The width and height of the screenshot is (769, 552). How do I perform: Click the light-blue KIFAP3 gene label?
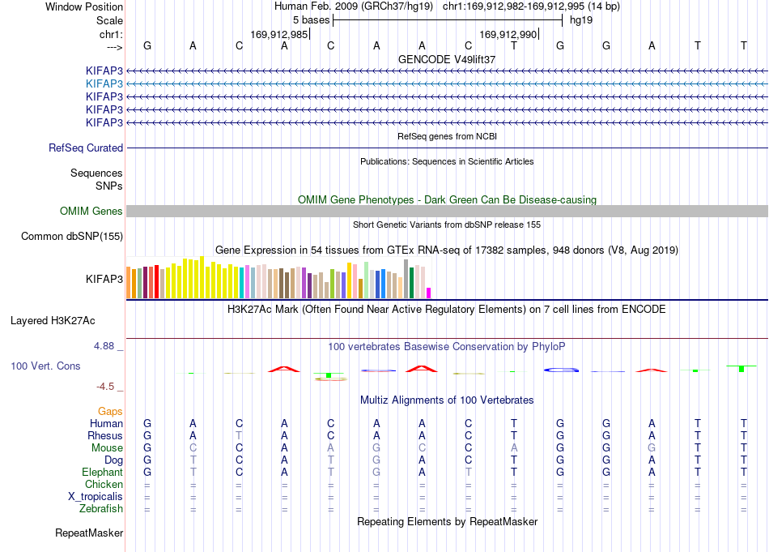pyautogui.click(x=104, y=84)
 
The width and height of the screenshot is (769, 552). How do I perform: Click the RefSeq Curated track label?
pyautogui.click(x=86, y=148)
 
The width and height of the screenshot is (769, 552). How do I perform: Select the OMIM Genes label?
pyautogui.click(x=91, y=212)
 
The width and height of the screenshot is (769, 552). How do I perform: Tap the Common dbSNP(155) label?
pyautogui.click(x=72, y=236)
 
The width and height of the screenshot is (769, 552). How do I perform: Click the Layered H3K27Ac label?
pyautogui.click(x=53, y=321)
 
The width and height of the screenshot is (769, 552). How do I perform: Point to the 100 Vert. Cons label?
pyautogui.click(x=45, y=366)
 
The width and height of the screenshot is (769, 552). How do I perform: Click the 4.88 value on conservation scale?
pyautogui.click(x=104, y=346)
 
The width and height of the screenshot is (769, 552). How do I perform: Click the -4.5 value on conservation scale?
pyautogui.click(x=105, y=387)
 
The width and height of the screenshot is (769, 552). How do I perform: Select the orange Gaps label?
pyautogui.click(x=110, y=412)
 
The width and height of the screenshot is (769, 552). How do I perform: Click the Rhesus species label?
pyautogui.click(x=105, y=435)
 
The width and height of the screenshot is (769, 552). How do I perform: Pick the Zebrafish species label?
pyautogui.click(x=101, y=509)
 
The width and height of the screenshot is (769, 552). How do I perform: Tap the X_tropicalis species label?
pyautogui.click(x=96, y=497)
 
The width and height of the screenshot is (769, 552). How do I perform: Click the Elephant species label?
pyautogui.click(x=103, y=473)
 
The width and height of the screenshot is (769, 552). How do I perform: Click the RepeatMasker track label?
pyautogui.click(x=89, y=533)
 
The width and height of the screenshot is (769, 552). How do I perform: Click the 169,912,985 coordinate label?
pyautogui.click(x=279, y=34)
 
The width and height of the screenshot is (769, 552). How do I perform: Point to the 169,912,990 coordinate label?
pyautogui.click(x=508, y=34)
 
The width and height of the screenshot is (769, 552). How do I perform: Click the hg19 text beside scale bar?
pyautogui.click(x=581, y=20)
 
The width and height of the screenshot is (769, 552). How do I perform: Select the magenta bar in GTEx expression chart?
pyautogui.click(x=429, y=293)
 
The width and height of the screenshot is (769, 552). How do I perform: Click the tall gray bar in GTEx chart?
pyautogui.click(x=406, y=279)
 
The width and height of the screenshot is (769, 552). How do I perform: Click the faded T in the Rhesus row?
pyautogui.click(x=239, y=435)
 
